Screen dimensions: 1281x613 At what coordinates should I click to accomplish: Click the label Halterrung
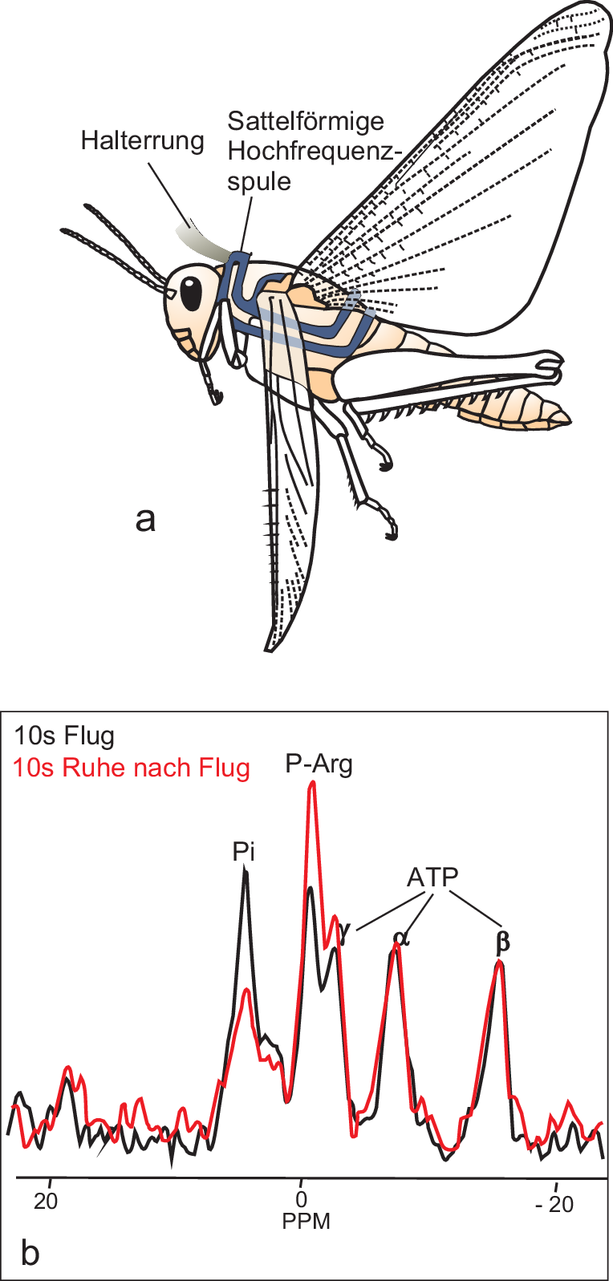point(143,141)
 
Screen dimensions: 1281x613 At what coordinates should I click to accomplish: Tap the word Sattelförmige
point(306,121)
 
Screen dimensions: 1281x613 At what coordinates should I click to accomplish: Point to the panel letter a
point(145,519)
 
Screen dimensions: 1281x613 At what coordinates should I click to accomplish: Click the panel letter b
point(30,1252)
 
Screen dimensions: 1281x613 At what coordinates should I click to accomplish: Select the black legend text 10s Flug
point(64,736)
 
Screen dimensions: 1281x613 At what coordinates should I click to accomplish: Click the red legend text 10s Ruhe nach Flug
point(132,768)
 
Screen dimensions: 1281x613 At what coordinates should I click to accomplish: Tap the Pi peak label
point(244,851)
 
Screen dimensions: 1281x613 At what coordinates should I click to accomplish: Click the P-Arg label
point(319,764)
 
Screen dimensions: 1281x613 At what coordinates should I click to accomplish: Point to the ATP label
point(432,878)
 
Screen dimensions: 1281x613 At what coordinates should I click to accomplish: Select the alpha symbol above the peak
point(400,937)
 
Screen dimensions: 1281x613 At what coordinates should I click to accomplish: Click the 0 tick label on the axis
point(302,1201)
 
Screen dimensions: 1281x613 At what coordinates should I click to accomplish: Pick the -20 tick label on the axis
point(555,1204)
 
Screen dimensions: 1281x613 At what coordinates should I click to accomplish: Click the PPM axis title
point(306,1222)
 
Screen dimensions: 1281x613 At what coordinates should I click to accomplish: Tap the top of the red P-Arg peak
point(312,783)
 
